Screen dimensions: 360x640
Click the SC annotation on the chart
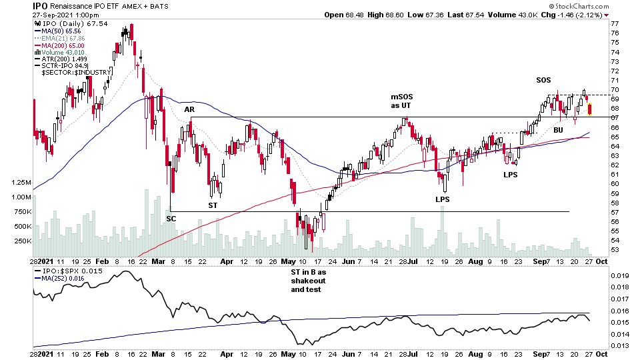tap(171, 219)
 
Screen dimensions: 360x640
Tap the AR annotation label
tap(189, 109)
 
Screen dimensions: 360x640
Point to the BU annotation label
tap(558, 130)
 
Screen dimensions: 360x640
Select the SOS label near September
tap(543, 81)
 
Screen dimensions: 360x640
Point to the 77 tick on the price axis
tap(614, 23)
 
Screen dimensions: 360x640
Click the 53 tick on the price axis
tap(614, 250)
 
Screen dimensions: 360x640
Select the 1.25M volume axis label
tap(19, 182)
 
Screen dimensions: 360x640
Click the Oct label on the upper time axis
tap(600, 261)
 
